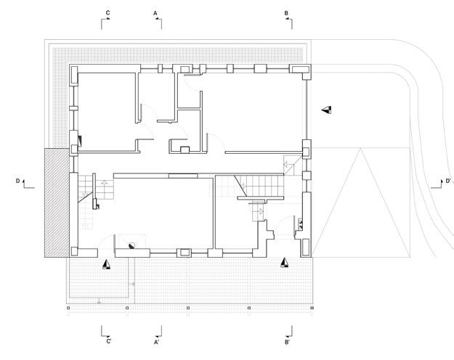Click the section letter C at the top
(108, 13)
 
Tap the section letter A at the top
(155, 13)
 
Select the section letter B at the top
(286, 13)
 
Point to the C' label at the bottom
(108, 341)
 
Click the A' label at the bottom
(156, 341)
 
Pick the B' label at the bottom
(288, 341)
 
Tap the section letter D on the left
(17, 180)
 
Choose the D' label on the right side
(448, 180)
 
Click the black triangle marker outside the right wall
(328, 110)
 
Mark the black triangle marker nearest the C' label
(107, 265)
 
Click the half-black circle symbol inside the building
(131, 245)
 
